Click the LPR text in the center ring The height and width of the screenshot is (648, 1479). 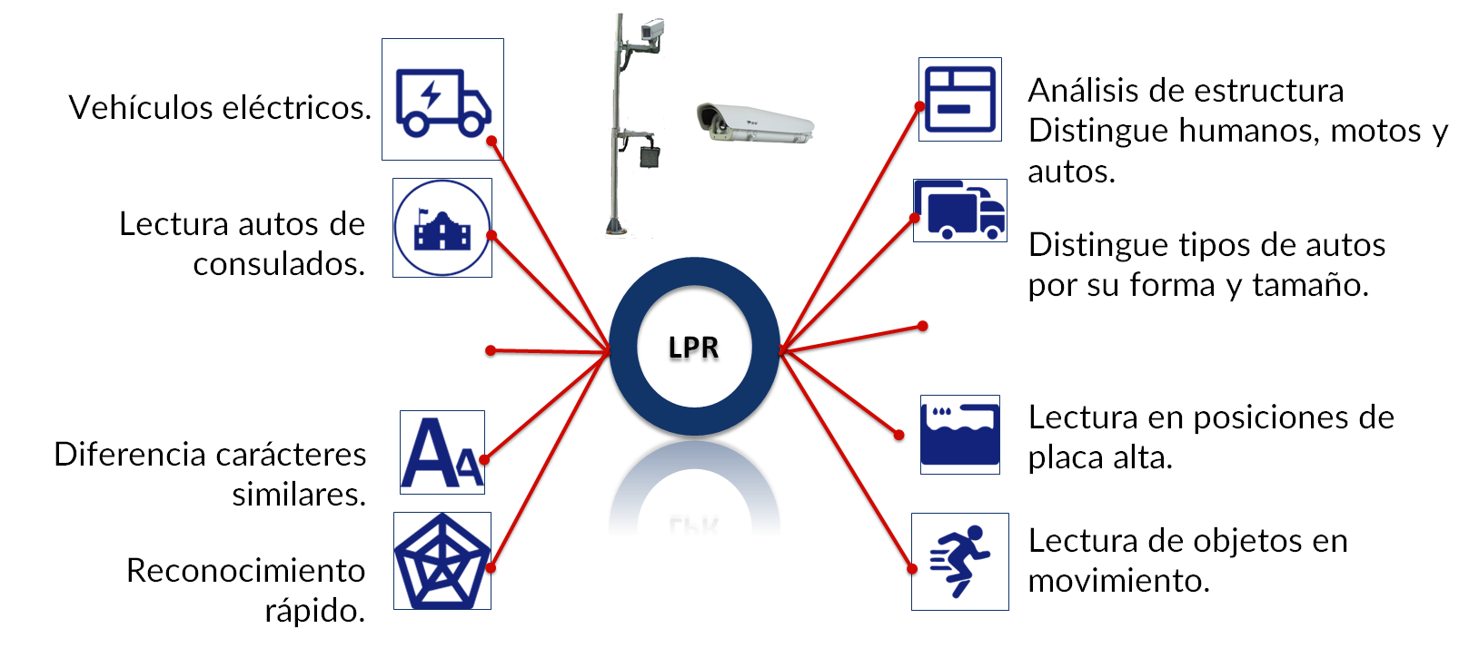(693, 347)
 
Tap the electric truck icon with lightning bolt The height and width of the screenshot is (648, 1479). (442, 101)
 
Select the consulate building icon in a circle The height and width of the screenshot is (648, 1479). (442, 228)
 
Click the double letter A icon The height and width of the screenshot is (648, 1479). (442, 453)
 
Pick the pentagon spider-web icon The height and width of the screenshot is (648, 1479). (442, 561)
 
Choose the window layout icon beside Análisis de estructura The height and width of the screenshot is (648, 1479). (960, 100)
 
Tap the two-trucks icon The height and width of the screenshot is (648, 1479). (960, 210)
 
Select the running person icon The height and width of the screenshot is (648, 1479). (960, 561)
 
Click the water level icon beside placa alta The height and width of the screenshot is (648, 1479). (960, 434)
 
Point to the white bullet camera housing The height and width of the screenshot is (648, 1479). (755, 123)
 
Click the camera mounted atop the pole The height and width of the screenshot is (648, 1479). (650, 32)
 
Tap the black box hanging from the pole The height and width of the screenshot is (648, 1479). (650, 155)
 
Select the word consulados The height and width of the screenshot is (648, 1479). (279, 264)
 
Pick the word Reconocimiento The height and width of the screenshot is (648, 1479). (246, 571)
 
